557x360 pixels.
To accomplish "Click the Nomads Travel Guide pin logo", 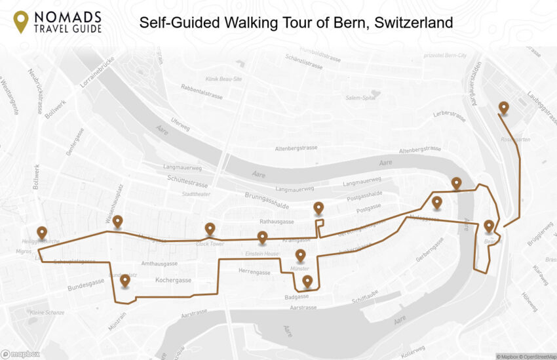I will point(21,22).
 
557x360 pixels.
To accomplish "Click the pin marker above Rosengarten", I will point(503,108).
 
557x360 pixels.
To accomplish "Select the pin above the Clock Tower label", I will point(210,228).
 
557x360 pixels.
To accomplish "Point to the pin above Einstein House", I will point(262,237).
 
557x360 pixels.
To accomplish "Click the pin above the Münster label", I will point(300,255).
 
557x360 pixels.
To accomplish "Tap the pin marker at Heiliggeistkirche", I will point(42,233).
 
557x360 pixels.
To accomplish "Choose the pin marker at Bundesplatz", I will point(125,281).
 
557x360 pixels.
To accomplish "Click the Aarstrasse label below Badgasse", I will point(303,307).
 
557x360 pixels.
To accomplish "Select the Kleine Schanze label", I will point(47,312).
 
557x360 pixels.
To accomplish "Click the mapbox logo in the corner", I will point(20,354).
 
